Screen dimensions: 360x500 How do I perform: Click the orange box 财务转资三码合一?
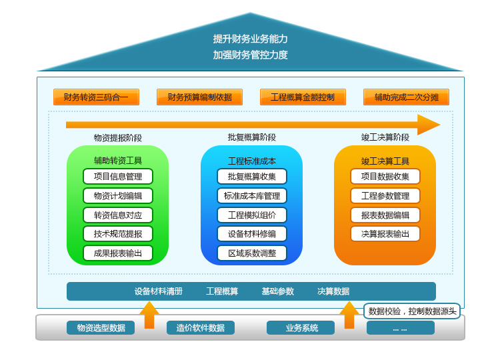pos(96,97)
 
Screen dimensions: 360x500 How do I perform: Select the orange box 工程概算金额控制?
pos(303,97)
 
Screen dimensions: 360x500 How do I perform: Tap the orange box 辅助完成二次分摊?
pos(406,97)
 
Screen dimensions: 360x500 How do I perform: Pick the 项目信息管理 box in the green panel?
pos(118,177)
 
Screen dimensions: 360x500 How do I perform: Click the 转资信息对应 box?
pos(118,215)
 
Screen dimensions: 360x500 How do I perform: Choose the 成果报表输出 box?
pos(118,253)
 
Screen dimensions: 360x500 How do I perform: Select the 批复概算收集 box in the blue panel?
pos(252,177)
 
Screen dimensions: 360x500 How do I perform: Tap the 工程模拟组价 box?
pos(252,215)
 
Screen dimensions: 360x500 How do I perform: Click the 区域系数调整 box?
pos(252,253)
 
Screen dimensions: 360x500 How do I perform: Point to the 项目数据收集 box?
pos(385,177)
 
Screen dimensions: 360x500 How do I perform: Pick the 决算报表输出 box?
pos(385,234)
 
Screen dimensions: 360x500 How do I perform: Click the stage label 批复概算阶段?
pos(252,137)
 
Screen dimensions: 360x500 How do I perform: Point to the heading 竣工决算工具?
pos(385,161)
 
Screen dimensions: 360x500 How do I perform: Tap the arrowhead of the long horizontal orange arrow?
pos(428,125)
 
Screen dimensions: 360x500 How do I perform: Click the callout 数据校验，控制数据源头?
pos(412,311)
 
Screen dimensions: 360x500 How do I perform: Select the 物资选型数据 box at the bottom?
pos(101,328)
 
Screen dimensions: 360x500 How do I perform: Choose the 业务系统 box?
pos(301,328)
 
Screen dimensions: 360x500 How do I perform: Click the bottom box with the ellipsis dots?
pos(400,328)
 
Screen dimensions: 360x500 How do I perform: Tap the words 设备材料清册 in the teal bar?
pos(159,291)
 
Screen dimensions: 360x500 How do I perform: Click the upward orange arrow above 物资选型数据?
pos(149,314)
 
